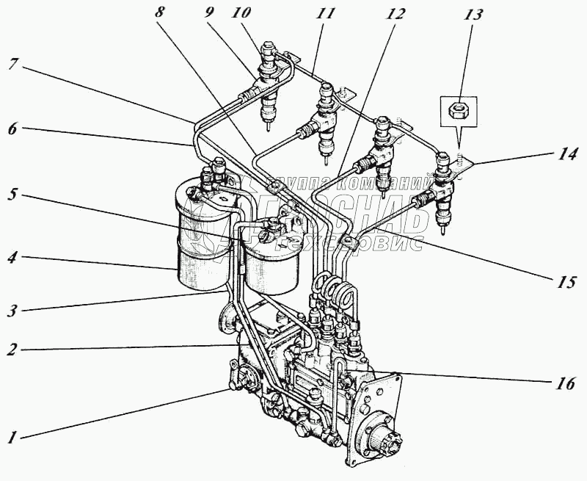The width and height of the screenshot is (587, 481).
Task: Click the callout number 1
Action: point(12,438)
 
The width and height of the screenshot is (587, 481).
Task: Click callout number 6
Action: point(12,129)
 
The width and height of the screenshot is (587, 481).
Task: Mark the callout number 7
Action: point(12,63)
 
